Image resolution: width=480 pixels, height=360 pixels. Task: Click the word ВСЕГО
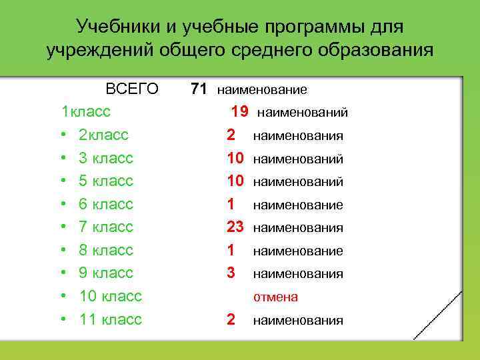coord(132,89)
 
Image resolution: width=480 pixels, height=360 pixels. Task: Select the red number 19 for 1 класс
coord(239,111)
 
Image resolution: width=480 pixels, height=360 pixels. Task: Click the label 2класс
coord(103,135)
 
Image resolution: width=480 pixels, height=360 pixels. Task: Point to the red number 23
coord(235,227)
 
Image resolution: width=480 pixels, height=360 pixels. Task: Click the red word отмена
coord(275,297)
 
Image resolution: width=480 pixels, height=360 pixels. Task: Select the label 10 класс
coord(111,295)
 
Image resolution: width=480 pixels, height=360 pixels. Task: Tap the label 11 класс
coord(111,319)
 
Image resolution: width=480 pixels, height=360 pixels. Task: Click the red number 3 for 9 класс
coord(231,273)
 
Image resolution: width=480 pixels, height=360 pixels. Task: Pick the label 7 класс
coord(106,227)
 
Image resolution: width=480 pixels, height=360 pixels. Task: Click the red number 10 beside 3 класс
coord(235,158)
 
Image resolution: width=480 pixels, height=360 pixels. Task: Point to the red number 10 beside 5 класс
coord(235,181)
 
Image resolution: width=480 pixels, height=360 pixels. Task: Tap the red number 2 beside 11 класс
coord(231,319)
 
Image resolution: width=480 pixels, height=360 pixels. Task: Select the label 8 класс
coord(106,250)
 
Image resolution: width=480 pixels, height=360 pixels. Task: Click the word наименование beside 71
coord(262,89)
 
